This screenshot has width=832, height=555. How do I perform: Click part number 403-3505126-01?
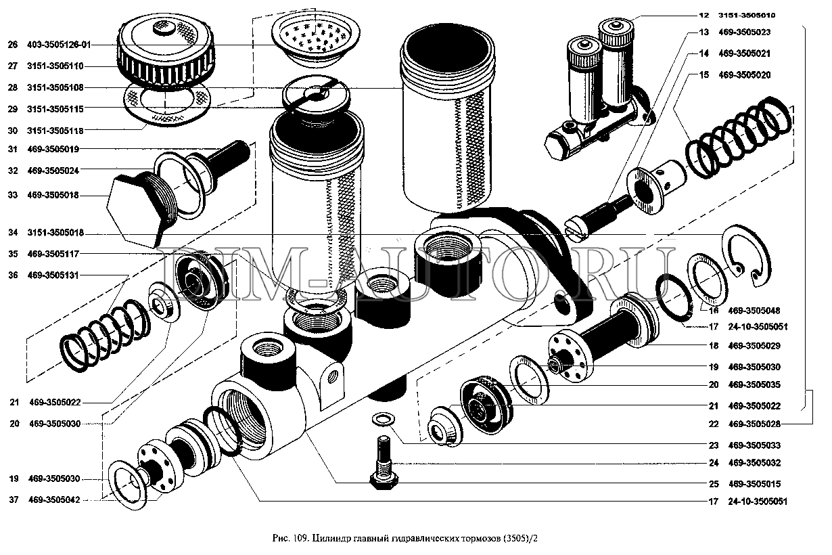(60, 45)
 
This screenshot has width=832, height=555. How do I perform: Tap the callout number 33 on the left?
(12, 196)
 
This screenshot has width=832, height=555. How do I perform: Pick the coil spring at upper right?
(737, 139)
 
